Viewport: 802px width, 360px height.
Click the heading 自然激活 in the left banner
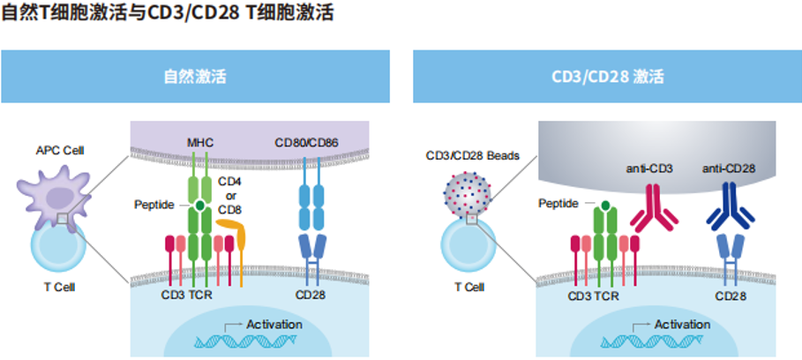pyautogui.click(x=195, y=77)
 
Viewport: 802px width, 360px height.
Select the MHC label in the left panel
pyautogui.click(x=199, y=143)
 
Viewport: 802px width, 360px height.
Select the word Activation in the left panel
pyautogui.click(x=274, y=325)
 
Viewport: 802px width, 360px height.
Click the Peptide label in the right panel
pyautogui.click(x=558, y=204)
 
